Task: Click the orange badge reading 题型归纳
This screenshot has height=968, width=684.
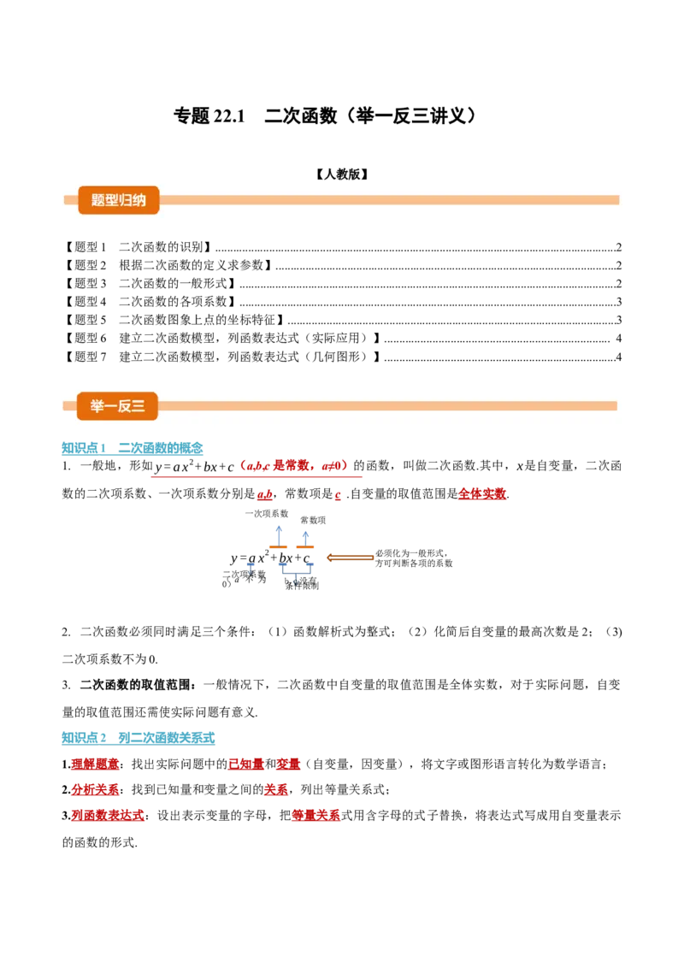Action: coord(118,200)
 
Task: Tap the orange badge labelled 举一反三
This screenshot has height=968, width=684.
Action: coord(117,406)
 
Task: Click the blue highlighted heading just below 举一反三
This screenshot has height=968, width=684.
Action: coord(133,448)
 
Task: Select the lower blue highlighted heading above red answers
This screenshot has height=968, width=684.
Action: coord(139,736)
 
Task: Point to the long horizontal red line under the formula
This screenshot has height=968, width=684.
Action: coord(259,476)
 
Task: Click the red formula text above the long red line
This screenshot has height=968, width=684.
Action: coord(293,465)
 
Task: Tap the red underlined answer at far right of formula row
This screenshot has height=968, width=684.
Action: coord(481,494)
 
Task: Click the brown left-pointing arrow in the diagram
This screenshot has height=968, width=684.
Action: coord(351,558)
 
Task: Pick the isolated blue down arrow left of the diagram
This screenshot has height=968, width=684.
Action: coord(251,568)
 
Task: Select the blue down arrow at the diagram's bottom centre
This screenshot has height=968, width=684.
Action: coord(295,580)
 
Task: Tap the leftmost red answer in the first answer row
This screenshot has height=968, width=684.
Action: coord(95,764)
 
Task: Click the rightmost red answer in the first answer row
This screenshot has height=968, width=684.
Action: coord(288,764)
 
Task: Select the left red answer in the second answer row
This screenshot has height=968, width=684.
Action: coord(95,789)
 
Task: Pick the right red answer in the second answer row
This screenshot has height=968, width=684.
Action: coord(275,789)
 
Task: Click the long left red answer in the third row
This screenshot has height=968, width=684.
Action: coord(109,816)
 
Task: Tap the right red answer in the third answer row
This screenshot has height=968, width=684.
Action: coord(315,816)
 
